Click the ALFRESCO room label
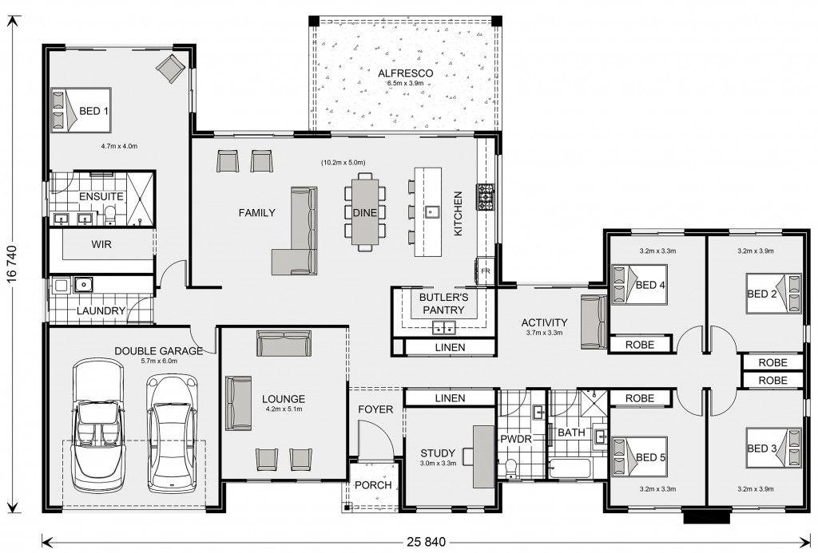[405, 73]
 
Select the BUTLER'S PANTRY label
[443, 304]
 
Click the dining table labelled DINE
[364, 212]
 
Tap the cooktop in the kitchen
[484, 197]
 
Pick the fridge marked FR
[485, 271]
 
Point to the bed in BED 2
[773, 294]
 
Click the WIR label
[101, 244]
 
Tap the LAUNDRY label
[101, 311]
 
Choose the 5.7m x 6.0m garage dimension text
[159, 361]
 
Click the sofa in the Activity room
[594, 322]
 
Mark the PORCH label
[373, 485]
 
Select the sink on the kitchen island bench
[431, 211]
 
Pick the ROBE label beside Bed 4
[640, 345]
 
